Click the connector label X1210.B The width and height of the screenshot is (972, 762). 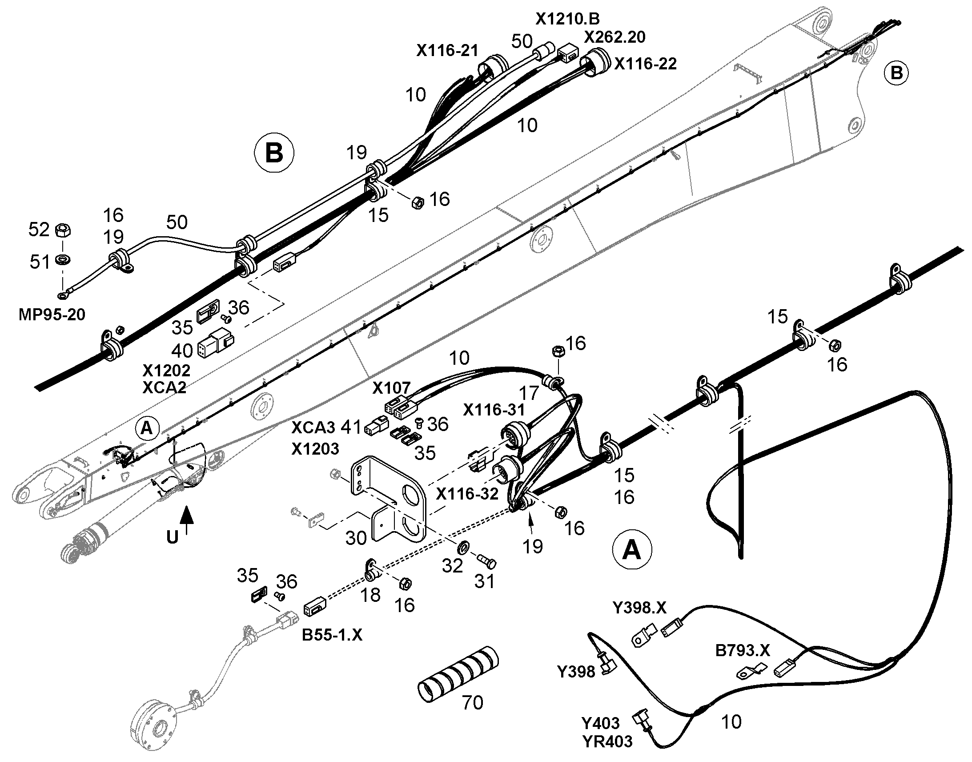pyautogui.click(x=568, y=19)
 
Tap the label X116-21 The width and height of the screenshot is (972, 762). pyautogui.click(x=447, y=50)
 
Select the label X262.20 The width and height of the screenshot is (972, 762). pyautogui.click(x=615, y=37)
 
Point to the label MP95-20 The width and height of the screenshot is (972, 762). pyautogui.click(x=52, y=314)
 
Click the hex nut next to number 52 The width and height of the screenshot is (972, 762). pyautogui.click(x=63, y=231)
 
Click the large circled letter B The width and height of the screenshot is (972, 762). pyautogui.click(x=274, y=153)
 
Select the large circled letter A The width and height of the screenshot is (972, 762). pyautogui.click(x=632, y=549)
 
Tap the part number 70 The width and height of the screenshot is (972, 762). pyautogui.click(x=473, y=703)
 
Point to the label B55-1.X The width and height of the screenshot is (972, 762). pyautogui.click(x=332, y=635)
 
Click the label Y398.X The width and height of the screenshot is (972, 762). pyautogui.click(x=639, y=607)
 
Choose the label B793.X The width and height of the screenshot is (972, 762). pyautogui.click(x=743, y=650)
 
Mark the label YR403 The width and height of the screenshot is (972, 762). pyautogui.click(x=607, y=742)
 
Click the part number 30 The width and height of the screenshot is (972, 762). pyautogui.click(x=356, y=538)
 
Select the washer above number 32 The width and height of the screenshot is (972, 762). pyautogui.click(x=463, y=546)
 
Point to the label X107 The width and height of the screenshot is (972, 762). pyautogui.click(x=391, y=388)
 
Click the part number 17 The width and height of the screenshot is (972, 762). pyautogui.click(x=529, y=393)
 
